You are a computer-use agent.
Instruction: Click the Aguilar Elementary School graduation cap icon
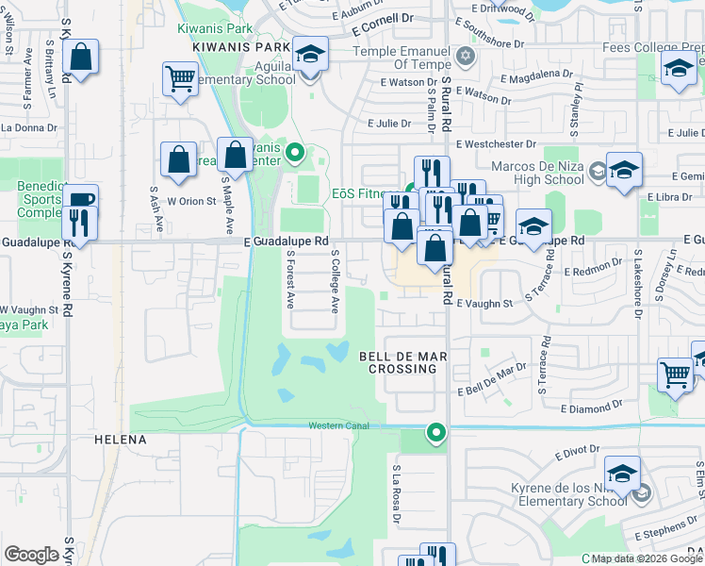[309, 55]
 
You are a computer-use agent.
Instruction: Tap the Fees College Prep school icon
[679, 68]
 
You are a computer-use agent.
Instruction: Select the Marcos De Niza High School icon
[624, 170]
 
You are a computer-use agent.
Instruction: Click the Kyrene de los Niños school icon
[622, 474]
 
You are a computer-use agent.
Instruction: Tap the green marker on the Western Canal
[435, 433]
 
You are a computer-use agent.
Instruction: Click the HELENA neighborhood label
[121, 441]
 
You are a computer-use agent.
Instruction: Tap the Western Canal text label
[345, 426]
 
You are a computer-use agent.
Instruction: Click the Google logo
[31, 555]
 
